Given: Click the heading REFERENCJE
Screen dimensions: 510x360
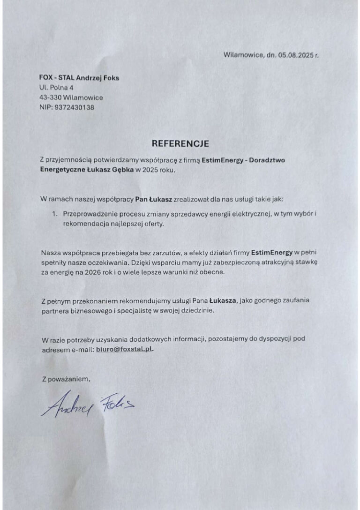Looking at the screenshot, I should pos(180,143).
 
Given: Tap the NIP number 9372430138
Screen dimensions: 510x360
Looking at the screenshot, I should pos(74,107).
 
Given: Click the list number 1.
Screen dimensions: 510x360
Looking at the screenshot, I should pos(54,214).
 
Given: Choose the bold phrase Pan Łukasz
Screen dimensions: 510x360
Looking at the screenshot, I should pos(153,199).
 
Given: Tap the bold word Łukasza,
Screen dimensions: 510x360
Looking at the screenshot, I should pos(224,300).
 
